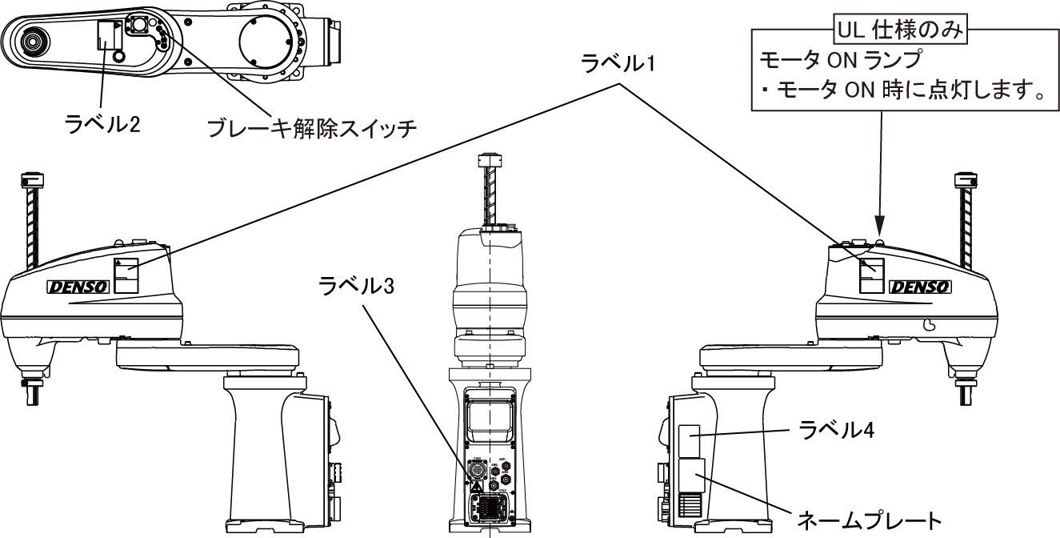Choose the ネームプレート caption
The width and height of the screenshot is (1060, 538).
866,521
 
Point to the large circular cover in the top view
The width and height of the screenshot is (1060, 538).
265,41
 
